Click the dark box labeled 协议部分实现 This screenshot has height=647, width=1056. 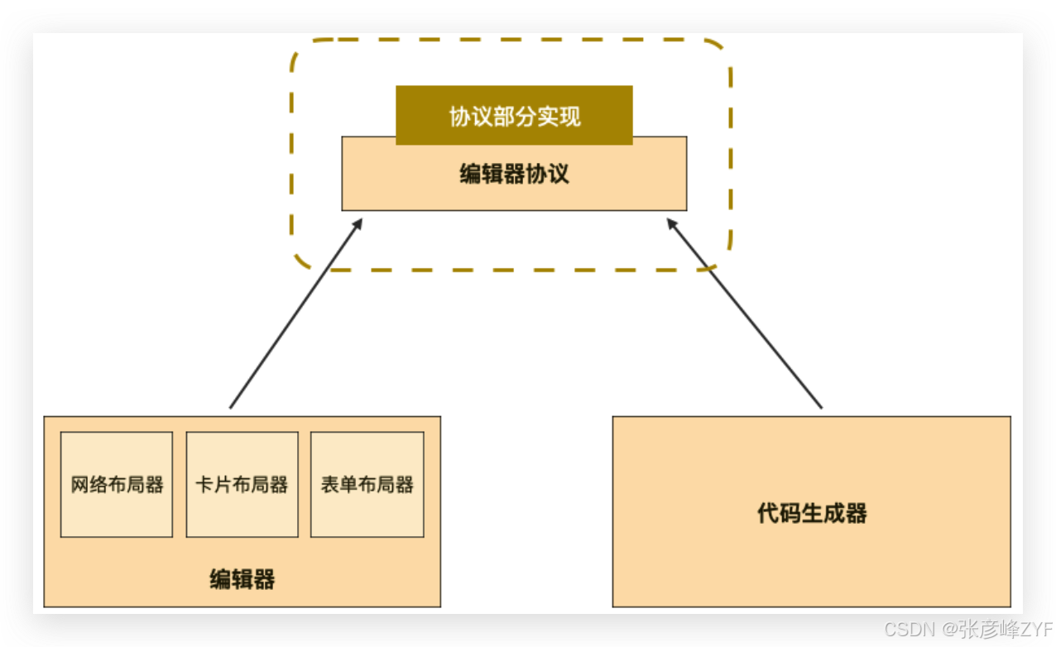(x=514, y=115)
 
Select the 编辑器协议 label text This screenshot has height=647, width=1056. (x=514, y=175)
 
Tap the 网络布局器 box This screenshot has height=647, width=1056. (x=117, y=485)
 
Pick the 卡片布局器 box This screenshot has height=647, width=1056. (x=242, y=485)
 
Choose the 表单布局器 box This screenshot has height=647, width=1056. (x=367, y=485)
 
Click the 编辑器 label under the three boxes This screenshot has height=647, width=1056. (x=242, y=579)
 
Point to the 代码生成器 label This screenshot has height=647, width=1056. (x=811, y=513)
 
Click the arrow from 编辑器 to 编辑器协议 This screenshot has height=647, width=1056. (x=295, y=314)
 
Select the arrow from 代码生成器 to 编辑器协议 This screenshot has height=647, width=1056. (x=745, y=314)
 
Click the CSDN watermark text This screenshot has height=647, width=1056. (x=909, y=630)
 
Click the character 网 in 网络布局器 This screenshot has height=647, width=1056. (x=79, y=485)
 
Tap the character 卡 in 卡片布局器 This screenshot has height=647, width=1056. (x=204, y=485)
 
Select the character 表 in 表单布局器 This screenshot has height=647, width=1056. (x=329, y=485)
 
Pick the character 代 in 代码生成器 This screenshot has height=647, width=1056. (x=767, y=513)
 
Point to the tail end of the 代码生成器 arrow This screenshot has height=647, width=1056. (x=821, y=407)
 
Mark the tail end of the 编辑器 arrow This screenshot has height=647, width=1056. (x=231, y=407)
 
